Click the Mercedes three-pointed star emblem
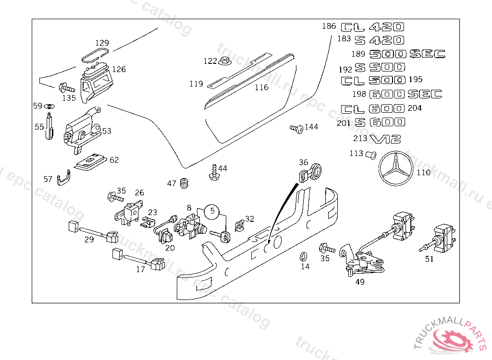pos(396,169)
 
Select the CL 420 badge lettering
pos(372,27)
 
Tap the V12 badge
pos(386,139)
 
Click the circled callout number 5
pos(212,210)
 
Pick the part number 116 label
pos(261,87)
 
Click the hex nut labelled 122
pos(225,61)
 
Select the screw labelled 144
pos(296,128)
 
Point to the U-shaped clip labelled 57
pos(64,179)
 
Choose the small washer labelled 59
pos(50,106)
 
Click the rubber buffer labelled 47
pos(184,183)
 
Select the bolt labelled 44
pos(213,172)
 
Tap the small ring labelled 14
pos(305,255)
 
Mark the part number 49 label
pos(360,282)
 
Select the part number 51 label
pos(429,259)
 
